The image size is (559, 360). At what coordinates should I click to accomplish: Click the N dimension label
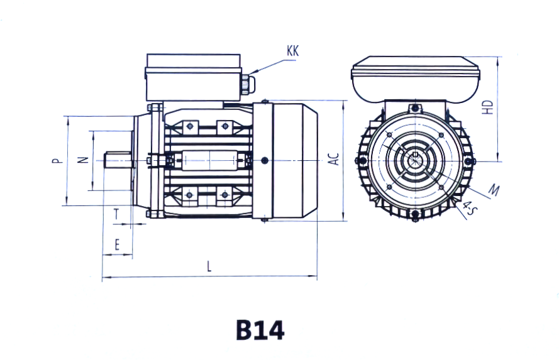coord(82,160)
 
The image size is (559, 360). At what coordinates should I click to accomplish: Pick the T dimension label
coord(116,215)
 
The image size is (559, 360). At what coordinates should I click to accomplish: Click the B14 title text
coord(260,330)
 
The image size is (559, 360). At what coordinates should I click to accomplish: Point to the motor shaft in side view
coord(118,160)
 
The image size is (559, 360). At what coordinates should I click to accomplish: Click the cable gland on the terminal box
coord(245,83)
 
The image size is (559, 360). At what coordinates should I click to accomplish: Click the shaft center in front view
coord(414,160)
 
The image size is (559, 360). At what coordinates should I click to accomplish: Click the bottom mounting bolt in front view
coord(414,218)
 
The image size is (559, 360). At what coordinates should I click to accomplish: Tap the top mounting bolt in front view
coord(414,108)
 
